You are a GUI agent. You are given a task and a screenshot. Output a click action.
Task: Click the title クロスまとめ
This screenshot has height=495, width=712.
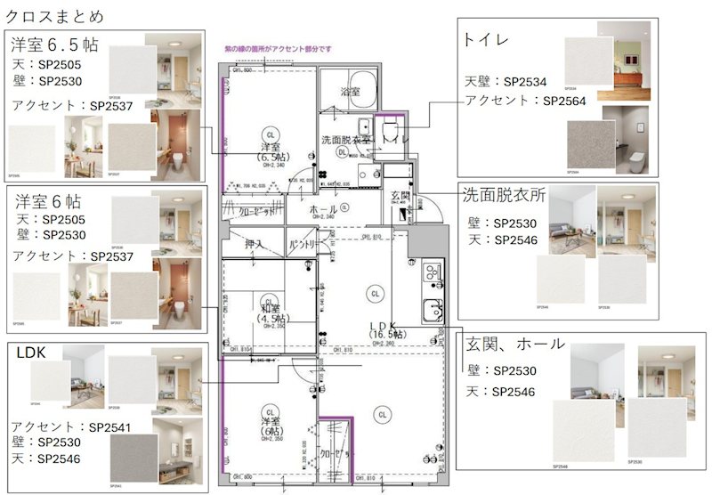click(x=55, y=17)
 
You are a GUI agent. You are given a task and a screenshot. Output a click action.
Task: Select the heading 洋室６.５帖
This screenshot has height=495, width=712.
click(x=54, y=45)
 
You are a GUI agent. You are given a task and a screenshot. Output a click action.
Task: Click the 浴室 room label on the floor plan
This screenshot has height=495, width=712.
click(x=351, y=92)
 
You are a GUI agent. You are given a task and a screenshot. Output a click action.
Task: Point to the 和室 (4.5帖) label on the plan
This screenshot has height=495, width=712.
click(x=268, y=312)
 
